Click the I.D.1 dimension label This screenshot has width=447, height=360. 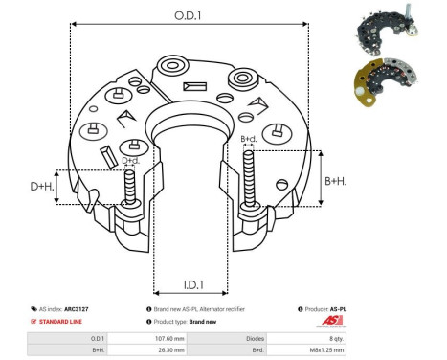[190, 284]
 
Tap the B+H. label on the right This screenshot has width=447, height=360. [335, 180]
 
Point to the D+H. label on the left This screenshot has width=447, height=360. [41, 186]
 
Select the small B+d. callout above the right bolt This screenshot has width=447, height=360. [249, 140]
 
